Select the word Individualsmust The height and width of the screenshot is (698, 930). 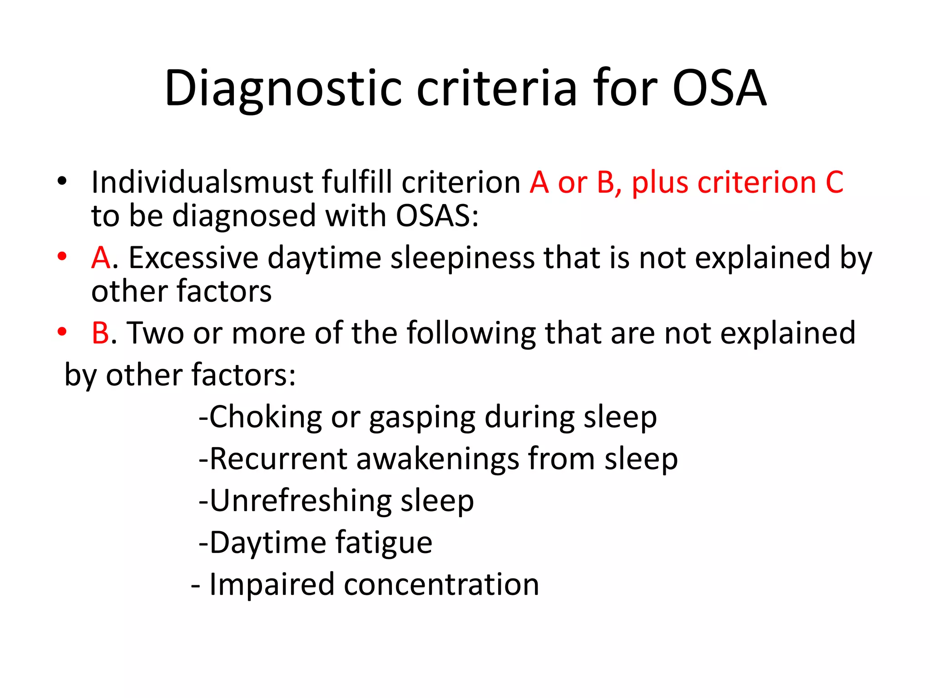(x=203, y=182)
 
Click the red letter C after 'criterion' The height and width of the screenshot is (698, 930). (x=834, y=182)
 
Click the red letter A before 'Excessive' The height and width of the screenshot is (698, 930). (x=101, y=258)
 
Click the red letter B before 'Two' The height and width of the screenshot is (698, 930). (x=100, y=333)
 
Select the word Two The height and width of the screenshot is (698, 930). (x=155, y=333)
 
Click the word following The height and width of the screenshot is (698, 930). (x=472, y=334)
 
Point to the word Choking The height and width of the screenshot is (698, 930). (x=265, y=417)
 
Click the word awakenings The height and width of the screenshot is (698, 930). (x=438, y=459)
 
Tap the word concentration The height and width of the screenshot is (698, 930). (x=441, y=584)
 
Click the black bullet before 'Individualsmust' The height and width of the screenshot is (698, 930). (x=62, y=181)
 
